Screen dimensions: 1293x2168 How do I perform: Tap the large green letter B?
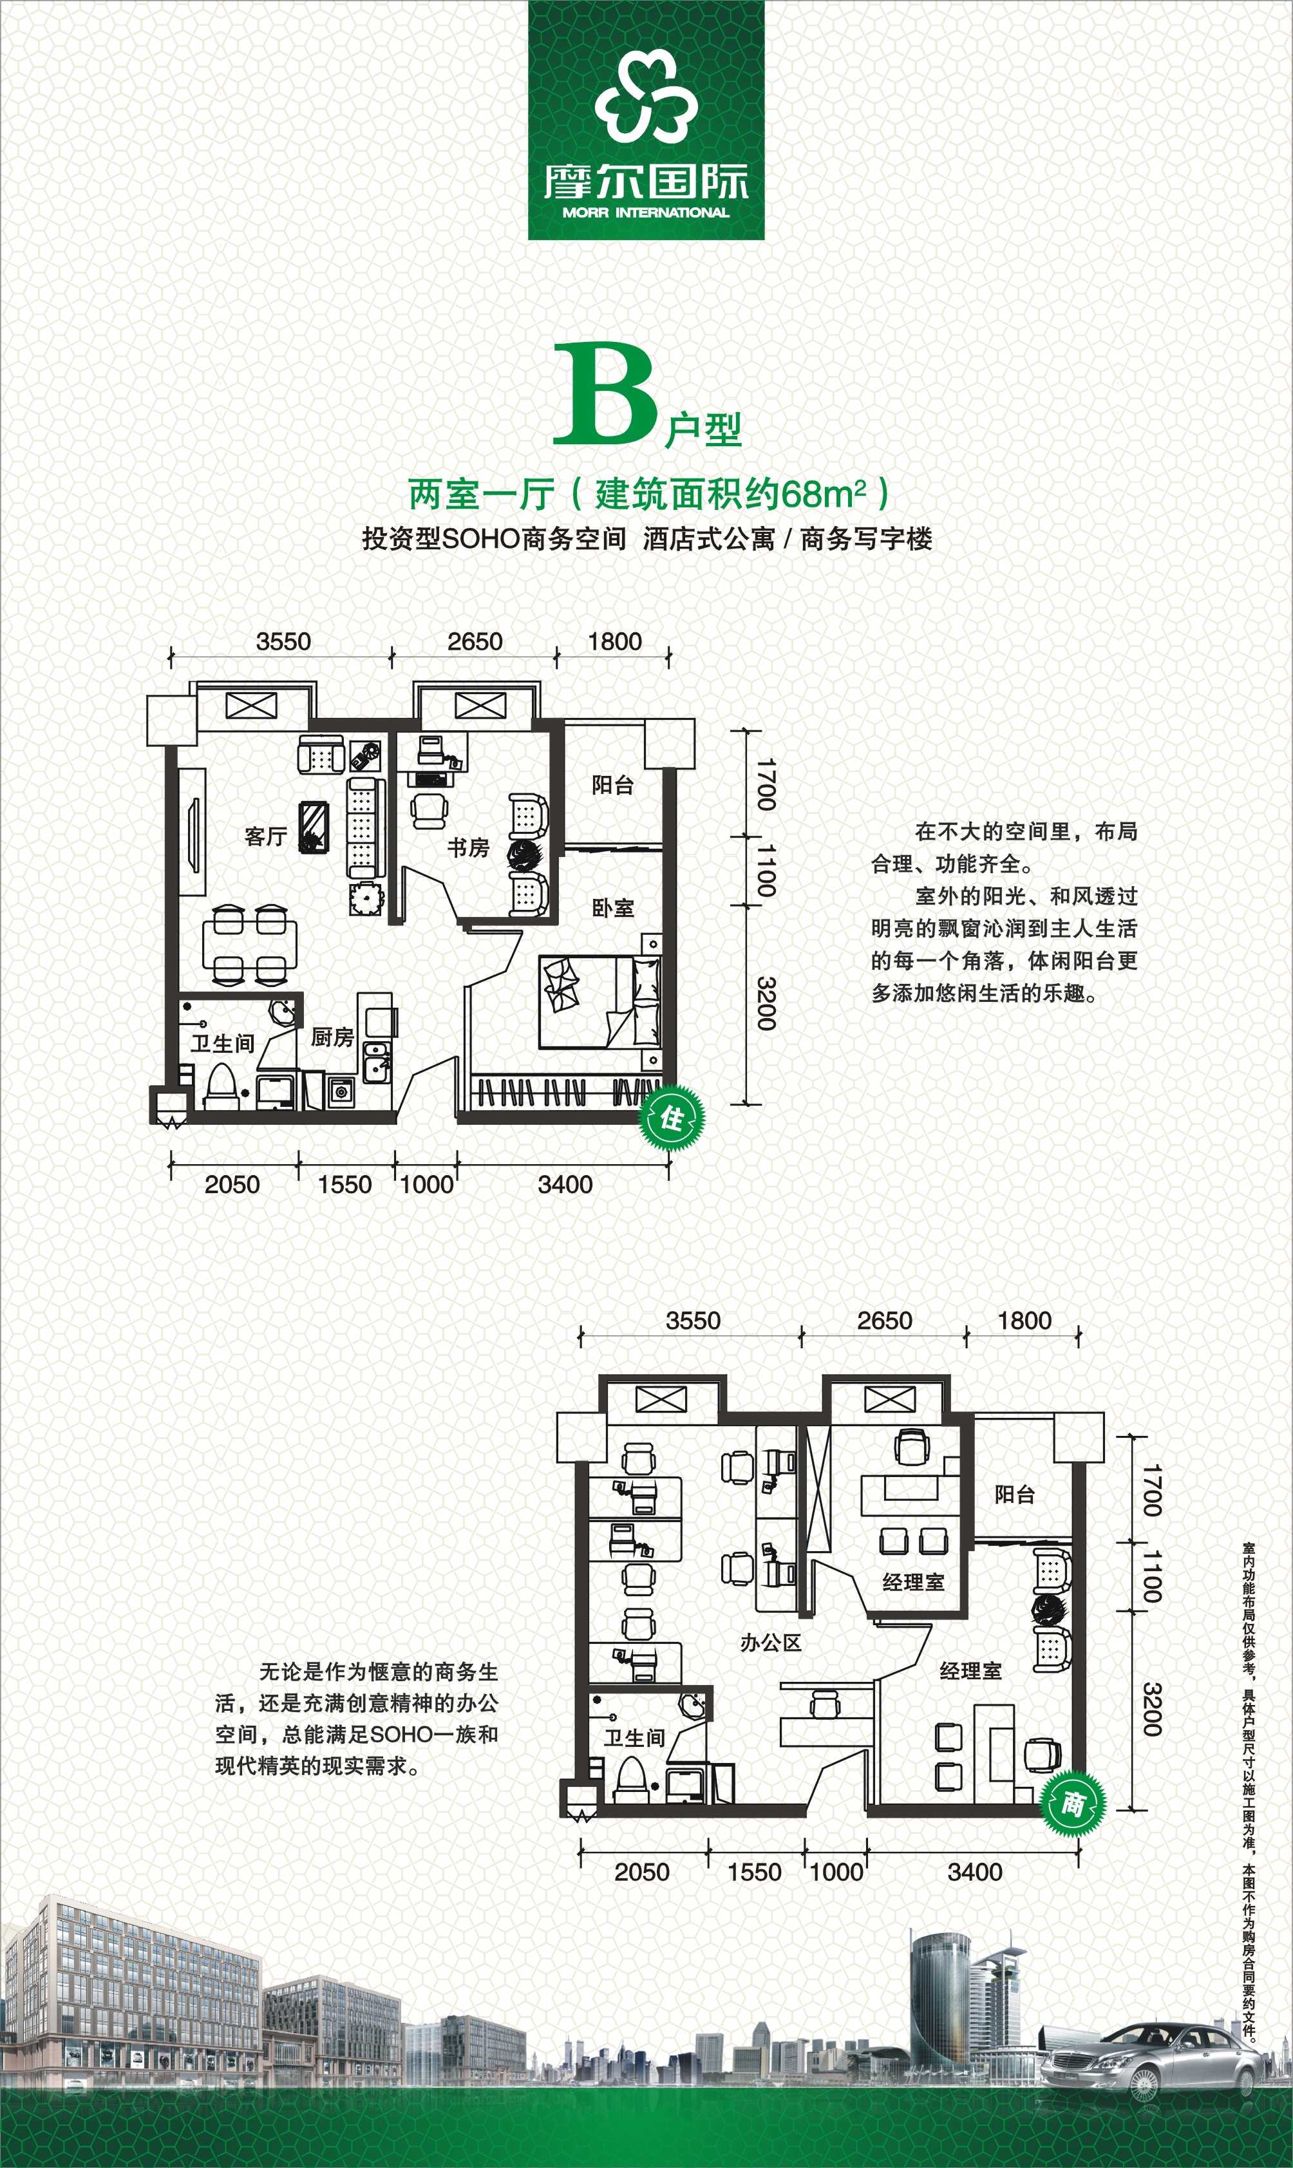click(x=605, y=393)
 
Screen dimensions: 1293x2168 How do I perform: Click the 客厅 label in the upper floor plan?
click(x=266, y=836)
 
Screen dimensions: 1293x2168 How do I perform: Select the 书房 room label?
click(x=469, y=847)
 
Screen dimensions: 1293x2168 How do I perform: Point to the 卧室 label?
click(x=614, y=908)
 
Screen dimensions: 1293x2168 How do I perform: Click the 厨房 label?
click(x=333, y=1037)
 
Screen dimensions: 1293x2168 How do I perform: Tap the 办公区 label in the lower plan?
click(x=770, y=1643)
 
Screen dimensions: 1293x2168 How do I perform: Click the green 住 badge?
click(x=672, y=1118)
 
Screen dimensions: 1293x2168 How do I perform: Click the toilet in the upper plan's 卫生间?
click(x=222, y=1084)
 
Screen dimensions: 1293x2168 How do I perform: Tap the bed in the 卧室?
click(x=599, y=1002)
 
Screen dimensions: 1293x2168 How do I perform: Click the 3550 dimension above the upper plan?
click(x=283, y=641)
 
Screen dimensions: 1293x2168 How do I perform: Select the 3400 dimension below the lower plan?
click(x=975, y=1872)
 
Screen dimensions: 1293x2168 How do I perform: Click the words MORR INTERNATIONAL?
click(x=646, y=212)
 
